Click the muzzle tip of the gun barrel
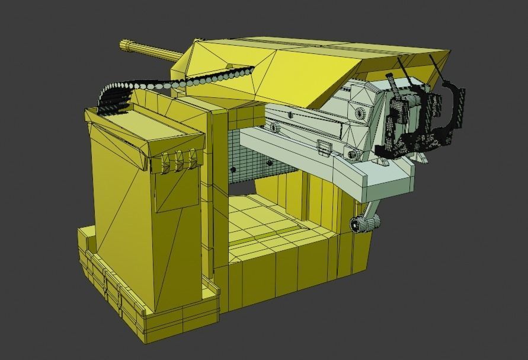[123, 44]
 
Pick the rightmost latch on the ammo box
[191, 157]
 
